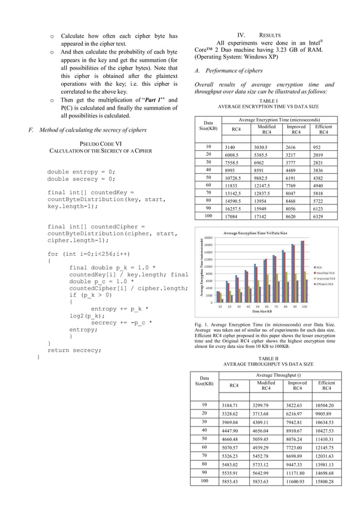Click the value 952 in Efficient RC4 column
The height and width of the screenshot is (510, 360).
[x=323, y=146]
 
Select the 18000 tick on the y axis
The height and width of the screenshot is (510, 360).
[x=208, y=238]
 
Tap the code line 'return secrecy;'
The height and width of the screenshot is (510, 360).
[x=74, y=350]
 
